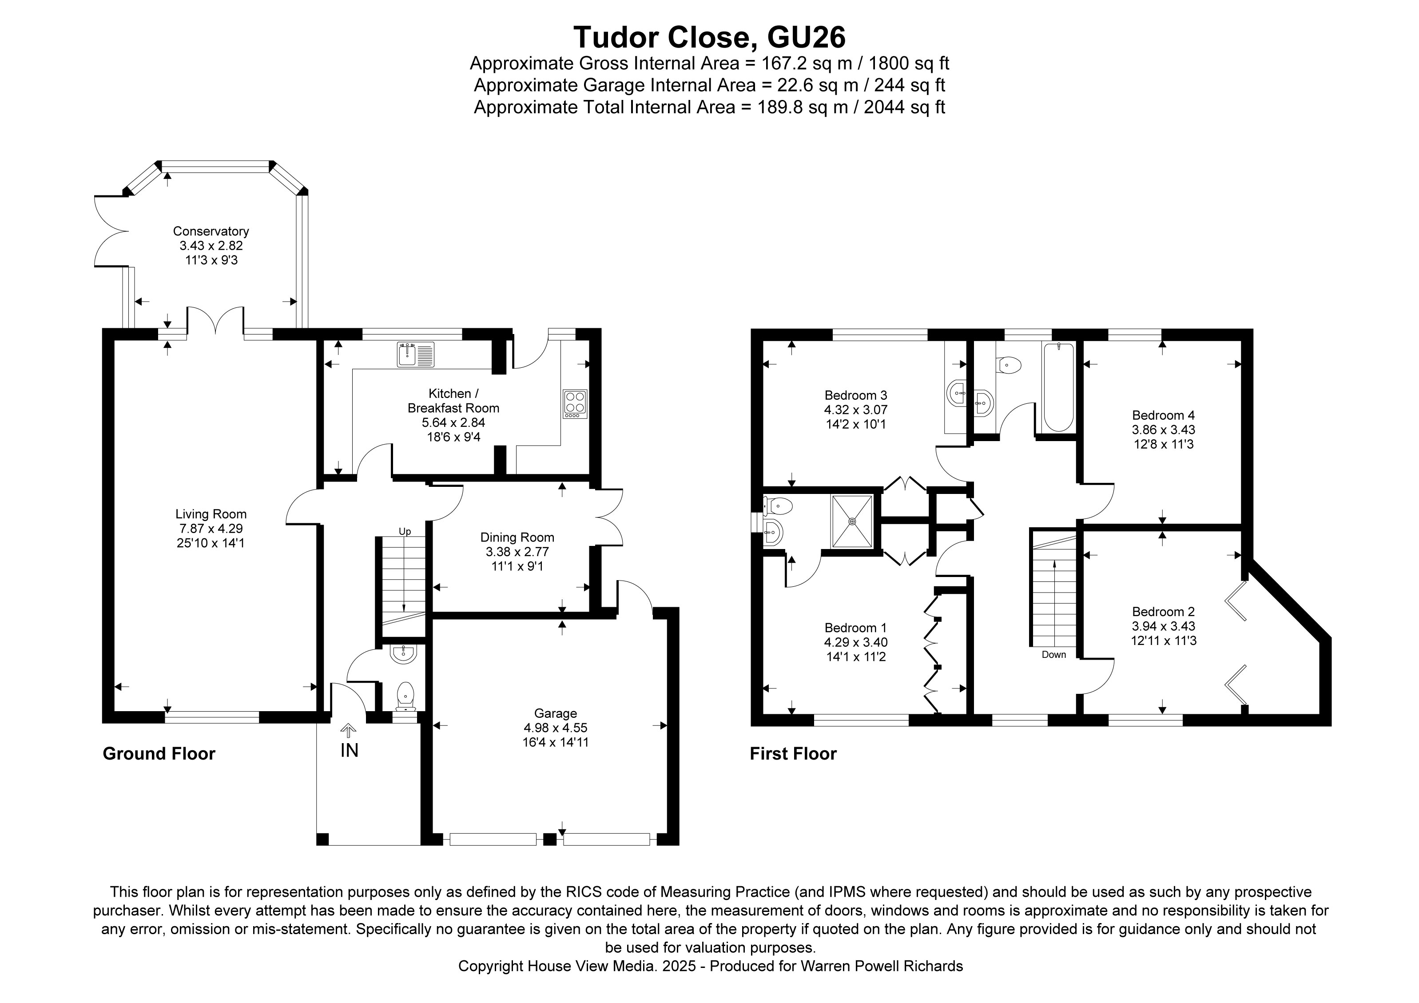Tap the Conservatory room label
coord(211,231)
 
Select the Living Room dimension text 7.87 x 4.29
coord(211,529)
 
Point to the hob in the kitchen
coord(575,404)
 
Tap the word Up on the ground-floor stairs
coord(405,531)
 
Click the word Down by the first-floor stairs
coord(1054,654)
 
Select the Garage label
coord(555,713)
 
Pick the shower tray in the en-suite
coord(852,521)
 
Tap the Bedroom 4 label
coord(1163,415)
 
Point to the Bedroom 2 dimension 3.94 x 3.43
coord(1163,626)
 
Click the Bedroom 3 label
coord(855,395)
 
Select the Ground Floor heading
coord(159,753)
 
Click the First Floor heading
coord(793,753)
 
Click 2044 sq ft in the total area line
coord(904,107)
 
